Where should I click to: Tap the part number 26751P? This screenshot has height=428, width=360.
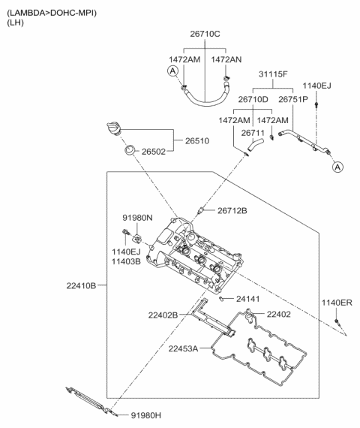294,98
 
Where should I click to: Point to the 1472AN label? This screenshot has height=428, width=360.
227,59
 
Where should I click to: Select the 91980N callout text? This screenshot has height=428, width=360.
138,217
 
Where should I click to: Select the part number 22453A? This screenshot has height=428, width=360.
184,348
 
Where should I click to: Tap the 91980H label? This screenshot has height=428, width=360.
146,414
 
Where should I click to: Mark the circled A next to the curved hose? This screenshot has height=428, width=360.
173,71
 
